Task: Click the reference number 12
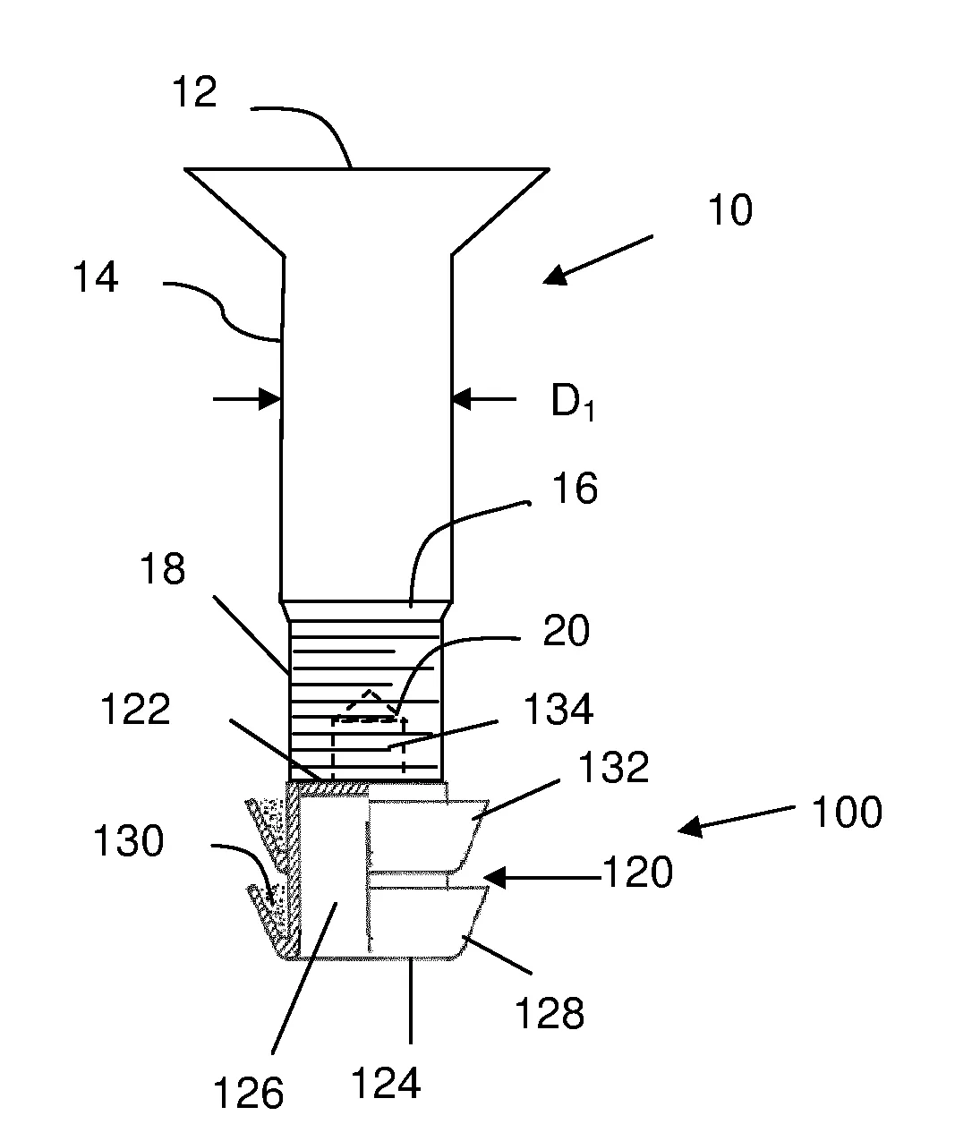pyautogui.click(x=194, y=92)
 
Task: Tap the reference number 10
pyautogui.click(x=729, y=209)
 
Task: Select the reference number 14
pyautogui.click(x=95, y=277)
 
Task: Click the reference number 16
pyautogui.click(x=575, y=489)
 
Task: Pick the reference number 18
pyautogui.click(x=163, y=569)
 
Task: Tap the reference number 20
pyautogui.click(x=567, y=630)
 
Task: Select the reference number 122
pyautogui.click(x=135, y=709)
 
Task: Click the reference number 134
pyautogui.click(x=558, y=709)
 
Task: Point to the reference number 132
pyautogui.click(x=613, y=767)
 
